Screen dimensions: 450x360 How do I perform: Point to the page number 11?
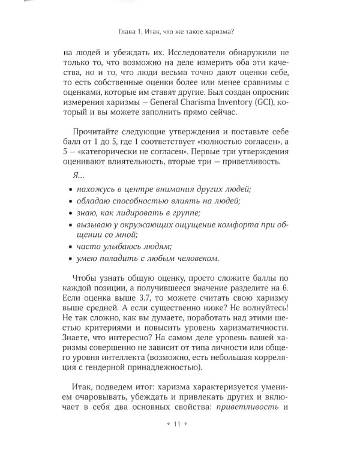pos(176,424)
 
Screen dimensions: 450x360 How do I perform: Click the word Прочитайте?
pos(95,132)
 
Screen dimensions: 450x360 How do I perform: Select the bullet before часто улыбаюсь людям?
pos(72,245)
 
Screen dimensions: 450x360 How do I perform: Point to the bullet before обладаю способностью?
pos(72,201)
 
